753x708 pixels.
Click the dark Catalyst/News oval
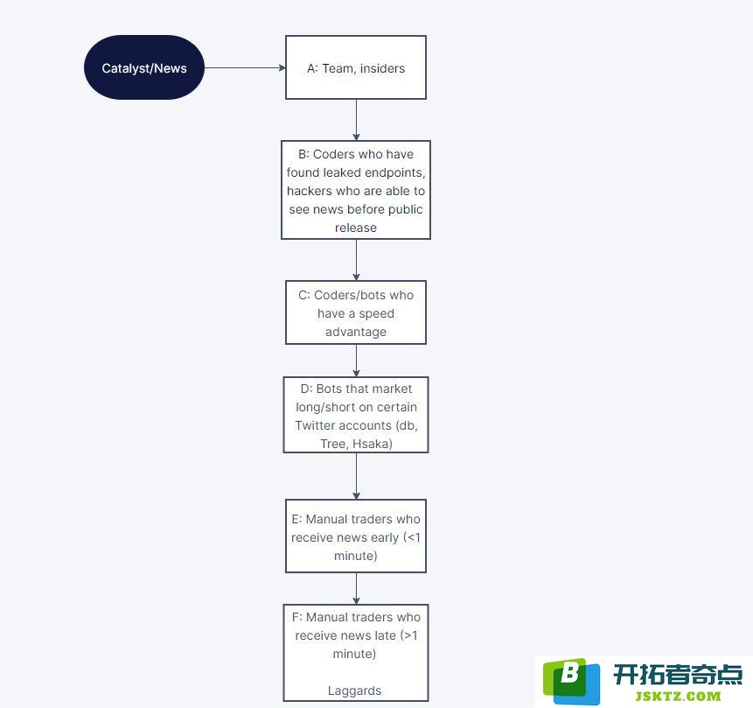pos(144,67)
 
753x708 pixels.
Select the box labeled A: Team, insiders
pos(356,67)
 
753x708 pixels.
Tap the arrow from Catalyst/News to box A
pos(245,67)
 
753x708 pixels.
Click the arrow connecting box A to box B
pos(356,120)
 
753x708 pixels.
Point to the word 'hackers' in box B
pos(310,191)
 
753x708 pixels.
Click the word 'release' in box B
pos(356,228)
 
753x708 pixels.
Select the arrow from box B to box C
pos(356,260)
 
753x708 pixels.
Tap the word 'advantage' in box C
pos(356,333)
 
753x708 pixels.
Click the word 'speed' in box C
pos(376,314)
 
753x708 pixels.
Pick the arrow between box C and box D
pos(356,361)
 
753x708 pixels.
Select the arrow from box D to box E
pos(356,476)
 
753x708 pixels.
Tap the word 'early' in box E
pos(385,537)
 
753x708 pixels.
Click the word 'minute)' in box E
pos(356,556)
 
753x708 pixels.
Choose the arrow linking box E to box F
pos(356,589)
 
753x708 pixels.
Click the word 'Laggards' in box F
pos(355,690)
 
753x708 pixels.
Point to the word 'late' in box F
pos(385,635)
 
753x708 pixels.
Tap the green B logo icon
pos(571,681)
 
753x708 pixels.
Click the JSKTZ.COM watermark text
pos(678,696)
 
